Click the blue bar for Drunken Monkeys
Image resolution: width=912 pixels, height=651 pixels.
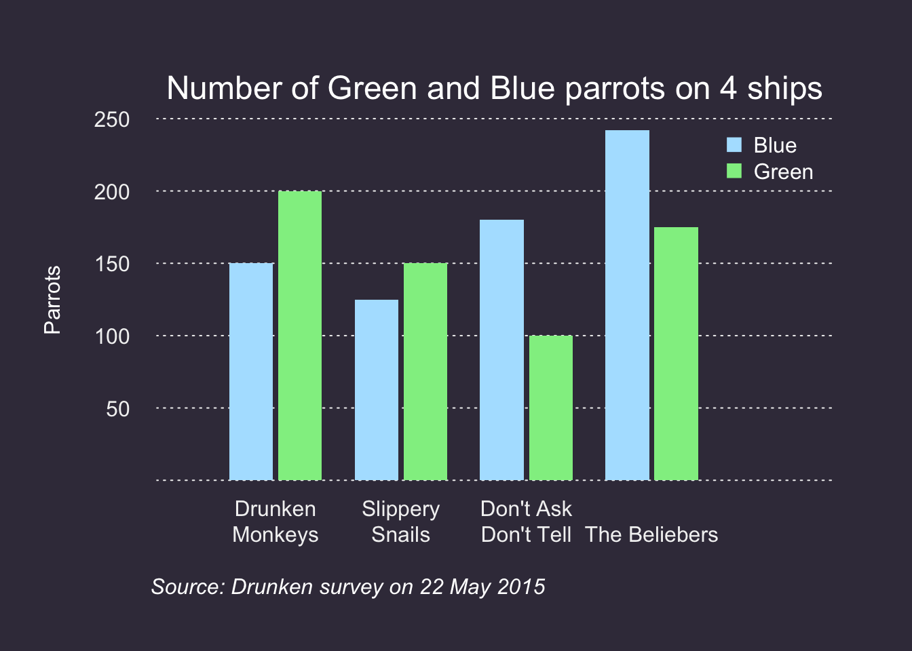point(251,372)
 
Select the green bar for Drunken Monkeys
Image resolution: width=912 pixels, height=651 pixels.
point(300,336)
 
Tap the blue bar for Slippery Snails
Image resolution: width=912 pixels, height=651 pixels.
point(377,390)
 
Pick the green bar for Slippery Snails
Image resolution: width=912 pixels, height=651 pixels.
point(425,372)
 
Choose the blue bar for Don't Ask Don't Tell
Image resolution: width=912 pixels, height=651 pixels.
point(501,350)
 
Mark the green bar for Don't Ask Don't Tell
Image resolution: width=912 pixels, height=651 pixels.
point(551,408)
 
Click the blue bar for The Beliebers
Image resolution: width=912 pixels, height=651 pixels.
point(627,305)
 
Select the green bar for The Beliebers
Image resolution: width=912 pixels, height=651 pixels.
point(676,353)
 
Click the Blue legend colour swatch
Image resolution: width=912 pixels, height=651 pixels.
point(734,145)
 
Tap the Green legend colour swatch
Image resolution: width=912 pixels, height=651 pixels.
point(734,172)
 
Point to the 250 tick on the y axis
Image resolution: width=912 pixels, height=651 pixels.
point(112,120)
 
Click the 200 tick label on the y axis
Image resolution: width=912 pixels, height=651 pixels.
point(112,193)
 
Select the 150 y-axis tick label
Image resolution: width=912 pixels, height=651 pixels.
point(112,264)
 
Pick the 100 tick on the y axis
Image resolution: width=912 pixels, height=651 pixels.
point(112,336)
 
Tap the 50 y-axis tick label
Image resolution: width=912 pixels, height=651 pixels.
point(117,409)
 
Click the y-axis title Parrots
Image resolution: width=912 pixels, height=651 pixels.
point(52,300)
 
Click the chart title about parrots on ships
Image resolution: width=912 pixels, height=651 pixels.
point(494,89)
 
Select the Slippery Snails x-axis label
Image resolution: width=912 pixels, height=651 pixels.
point(400,521)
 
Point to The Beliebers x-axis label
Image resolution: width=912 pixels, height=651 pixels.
point(651,534)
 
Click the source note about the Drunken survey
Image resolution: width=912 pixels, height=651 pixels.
point(348,587)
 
